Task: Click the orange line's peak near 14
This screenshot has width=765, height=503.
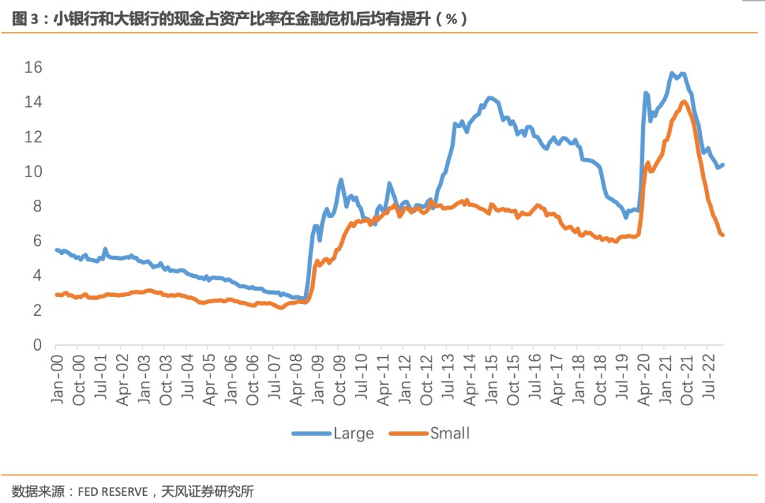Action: click(x=684, y=102)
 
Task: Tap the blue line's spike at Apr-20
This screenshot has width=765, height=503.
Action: click(x=645, y=93)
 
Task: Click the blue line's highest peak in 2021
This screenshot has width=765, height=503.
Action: click(x=671, y=73)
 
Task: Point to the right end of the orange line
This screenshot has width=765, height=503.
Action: click(x=722, y=235)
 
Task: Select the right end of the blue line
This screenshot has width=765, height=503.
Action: click(x=722, y=165)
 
